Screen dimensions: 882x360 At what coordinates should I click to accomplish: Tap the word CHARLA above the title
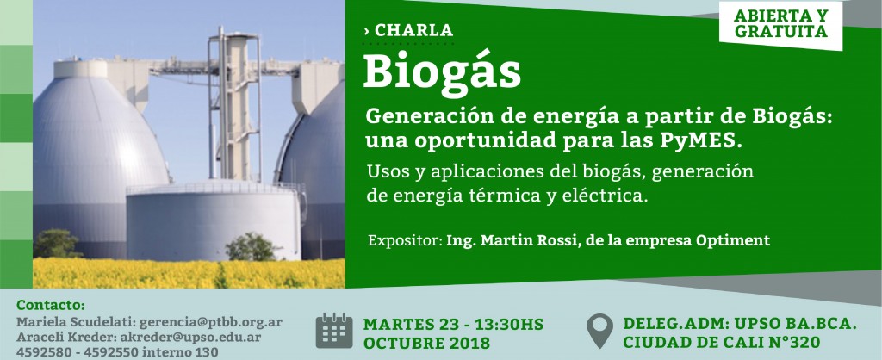[x=413, y=30]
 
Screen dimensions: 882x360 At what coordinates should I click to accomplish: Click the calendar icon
[x=333, y=331]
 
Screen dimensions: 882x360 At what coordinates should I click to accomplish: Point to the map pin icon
[x=599, y=330]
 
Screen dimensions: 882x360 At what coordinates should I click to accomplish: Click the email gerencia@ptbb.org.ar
[x=211, y=322]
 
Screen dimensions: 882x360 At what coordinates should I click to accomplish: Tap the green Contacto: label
[x=51, y=305]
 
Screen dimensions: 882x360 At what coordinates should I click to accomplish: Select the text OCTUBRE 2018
[x=426, y=343]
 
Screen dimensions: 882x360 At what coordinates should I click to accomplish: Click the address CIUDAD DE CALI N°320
[x=721, y=342]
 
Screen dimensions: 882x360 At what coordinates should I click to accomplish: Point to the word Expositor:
[x=405, y=241]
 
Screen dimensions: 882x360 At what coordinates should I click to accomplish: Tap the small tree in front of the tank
[x=252, y=246]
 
